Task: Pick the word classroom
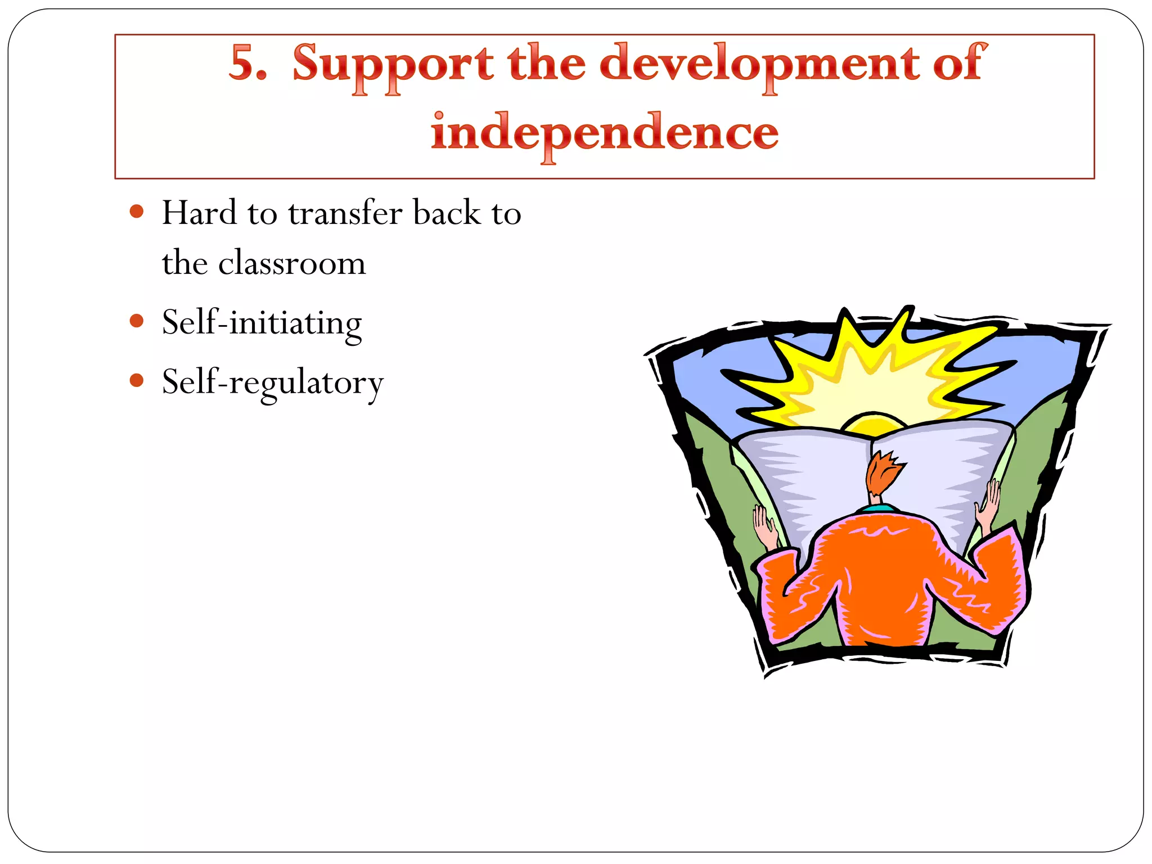click(292, 263)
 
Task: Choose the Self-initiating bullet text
click(262, 323)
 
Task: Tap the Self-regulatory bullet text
click(273, 383)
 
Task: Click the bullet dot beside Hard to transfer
click(137, 212)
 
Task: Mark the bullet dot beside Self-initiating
click(137, 321)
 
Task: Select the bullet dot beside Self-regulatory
click(137, 381)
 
